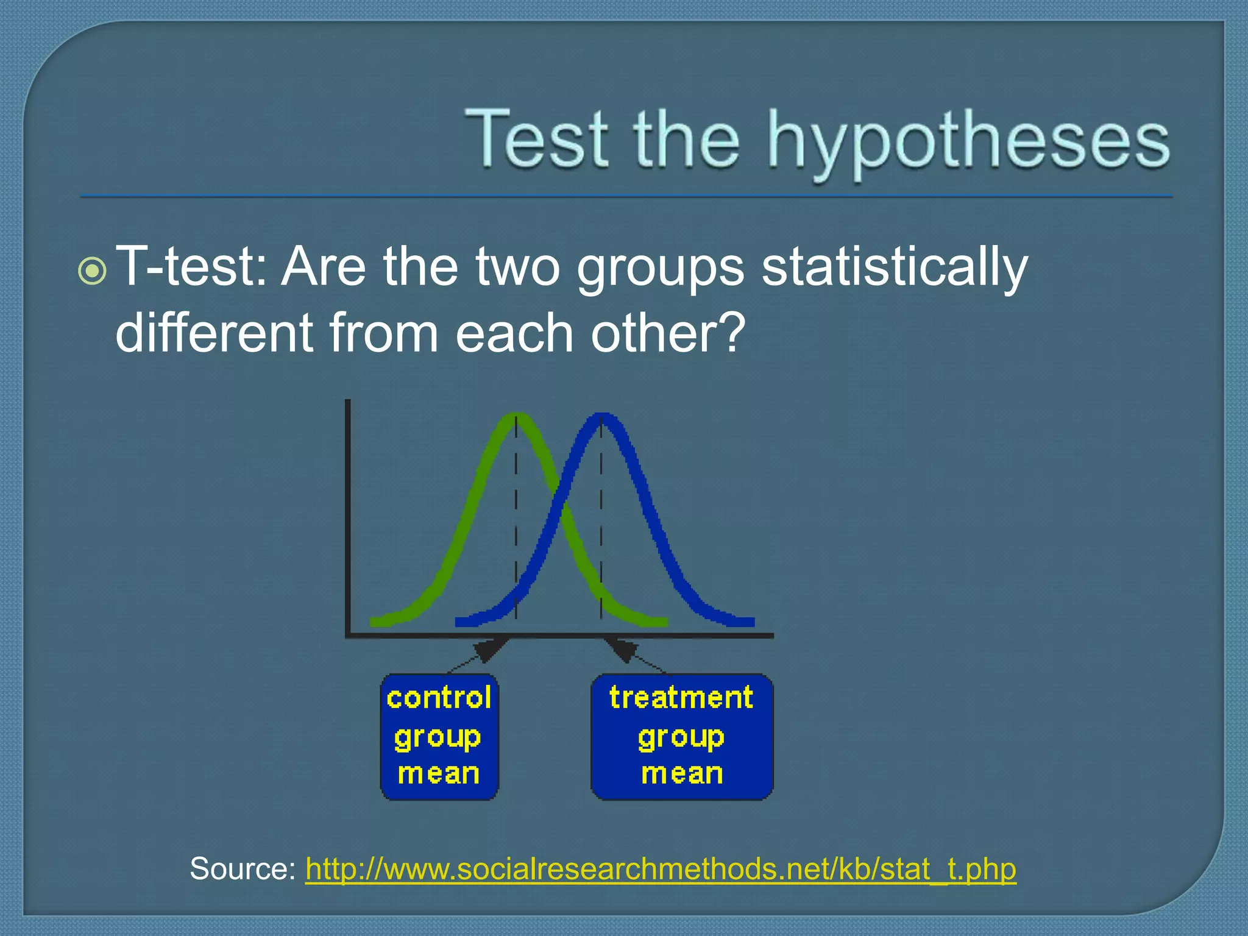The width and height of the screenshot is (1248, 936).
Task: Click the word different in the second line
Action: [214, 333]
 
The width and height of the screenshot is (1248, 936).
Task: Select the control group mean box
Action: [439, 737]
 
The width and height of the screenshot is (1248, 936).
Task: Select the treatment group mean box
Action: [682, 737]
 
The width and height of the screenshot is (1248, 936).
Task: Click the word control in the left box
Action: [439, 698]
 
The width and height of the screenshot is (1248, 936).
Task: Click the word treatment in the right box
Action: [681, 698]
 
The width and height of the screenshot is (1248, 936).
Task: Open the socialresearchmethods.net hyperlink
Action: [661, 868]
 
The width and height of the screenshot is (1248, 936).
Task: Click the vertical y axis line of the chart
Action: [347, 518]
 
